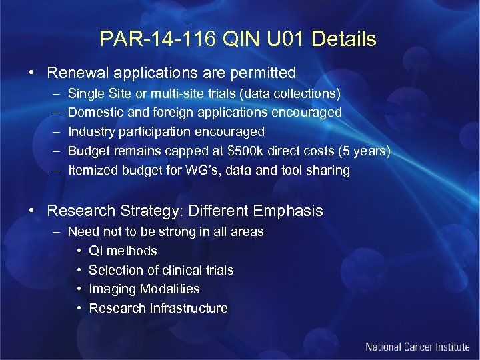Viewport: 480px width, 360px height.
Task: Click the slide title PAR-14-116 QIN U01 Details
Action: (238, 39)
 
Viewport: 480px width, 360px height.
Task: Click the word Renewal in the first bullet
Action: (75, 72)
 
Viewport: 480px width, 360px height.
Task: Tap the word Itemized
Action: (93, 170)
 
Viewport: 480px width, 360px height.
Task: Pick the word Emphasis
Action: (289, 211)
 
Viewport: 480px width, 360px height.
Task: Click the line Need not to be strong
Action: (166, 232)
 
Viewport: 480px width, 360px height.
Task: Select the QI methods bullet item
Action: (123, 251)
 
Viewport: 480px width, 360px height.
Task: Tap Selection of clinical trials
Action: (161, 270)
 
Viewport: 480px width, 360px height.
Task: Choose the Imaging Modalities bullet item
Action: (144, 289)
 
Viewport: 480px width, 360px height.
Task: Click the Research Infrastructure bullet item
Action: (158, 308)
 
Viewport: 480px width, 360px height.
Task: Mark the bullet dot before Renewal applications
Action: (32, 73)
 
